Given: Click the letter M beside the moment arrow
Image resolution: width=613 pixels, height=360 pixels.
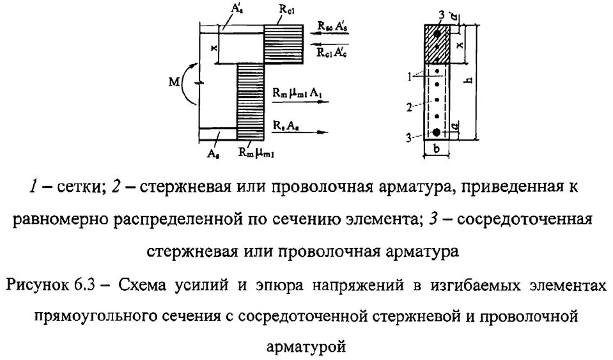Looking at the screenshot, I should [169, 82].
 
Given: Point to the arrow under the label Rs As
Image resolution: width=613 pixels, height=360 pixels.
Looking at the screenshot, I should [300, 131].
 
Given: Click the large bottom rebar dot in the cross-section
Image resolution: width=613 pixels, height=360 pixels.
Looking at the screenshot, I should [436, 132].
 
